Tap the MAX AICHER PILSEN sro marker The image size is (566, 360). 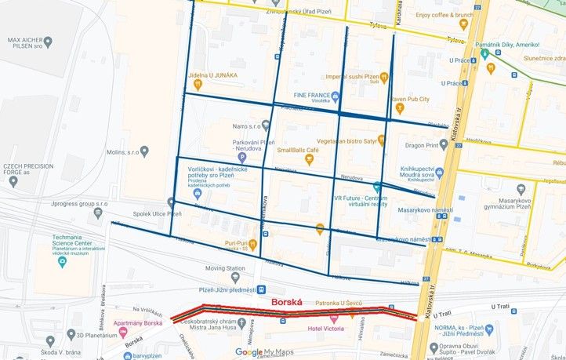(48, 41)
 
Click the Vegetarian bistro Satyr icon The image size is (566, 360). (382, 140)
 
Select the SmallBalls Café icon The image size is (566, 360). (308, 160)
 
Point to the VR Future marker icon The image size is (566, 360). (378, 187)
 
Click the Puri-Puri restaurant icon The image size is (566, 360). (252, 245)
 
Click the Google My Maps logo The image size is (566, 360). (264, 352)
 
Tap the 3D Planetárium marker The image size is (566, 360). (50, 341)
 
